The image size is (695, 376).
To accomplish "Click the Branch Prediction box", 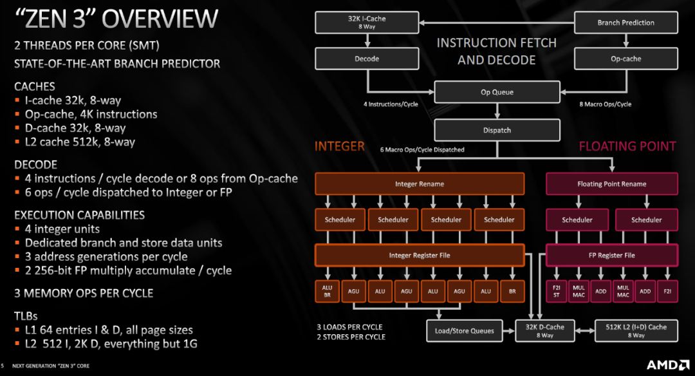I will tap(625, 23).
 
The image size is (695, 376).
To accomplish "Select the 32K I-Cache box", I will tap(367, 23).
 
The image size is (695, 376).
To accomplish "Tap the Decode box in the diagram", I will tap(367, 59).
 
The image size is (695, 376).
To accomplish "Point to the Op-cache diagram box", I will tap(625, 59).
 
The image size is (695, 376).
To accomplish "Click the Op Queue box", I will tap(497, 92).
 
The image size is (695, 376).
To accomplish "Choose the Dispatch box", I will tap(497, 130).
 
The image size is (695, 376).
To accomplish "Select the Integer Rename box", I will tap(419, 184).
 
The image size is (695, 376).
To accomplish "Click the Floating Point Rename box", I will tap(611, 184).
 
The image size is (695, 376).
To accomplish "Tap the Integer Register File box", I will tap(419, 255).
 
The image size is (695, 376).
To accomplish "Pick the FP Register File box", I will tap(611, 255).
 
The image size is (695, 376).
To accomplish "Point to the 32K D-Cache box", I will tap(544, 331).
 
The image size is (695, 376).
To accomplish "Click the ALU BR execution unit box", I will tap(327, 292).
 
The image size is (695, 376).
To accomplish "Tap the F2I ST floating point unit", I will tap(557, 292).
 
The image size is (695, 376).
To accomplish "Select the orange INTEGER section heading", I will tap(339, 147).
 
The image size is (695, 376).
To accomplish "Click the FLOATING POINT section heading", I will tap(627, 147).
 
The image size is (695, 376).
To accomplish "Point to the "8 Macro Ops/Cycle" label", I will tap(605, 104).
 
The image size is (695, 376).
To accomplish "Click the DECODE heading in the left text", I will tap(35, 165).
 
